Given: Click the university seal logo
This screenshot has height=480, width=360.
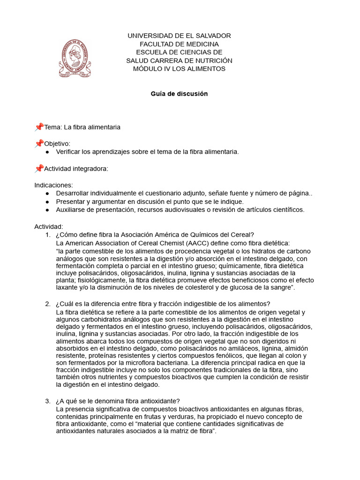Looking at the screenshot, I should [75, 58].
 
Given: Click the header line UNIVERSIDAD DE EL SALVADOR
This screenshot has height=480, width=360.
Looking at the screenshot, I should [180, 36].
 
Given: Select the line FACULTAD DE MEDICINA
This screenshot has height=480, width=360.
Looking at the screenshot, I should [180, 44].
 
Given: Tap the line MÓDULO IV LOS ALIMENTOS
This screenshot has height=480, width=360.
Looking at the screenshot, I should [180, 68].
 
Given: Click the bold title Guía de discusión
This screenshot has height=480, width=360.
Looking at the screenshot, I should [179, 94].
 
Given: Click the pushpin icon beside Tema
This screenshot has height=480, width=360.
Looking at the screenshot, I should [39, 127].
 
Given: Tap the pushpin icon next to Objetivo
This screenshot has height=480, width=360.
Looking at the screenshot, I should [39, 143].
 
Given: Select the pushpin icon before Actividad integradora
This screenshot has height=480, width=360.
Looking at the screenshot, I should [39, 168].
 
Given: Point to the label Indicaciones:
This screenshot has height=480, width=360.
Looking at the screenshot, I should [53, 185].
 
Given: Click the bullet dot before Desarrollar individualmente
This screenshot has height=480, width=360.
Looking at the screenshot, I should [47, 193].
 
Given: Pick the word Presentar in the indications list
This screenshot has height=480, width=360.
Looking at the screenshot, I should [70, 202].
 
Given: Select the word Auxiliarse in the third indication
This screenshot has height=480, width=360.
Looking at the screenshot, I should [72, 210].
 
